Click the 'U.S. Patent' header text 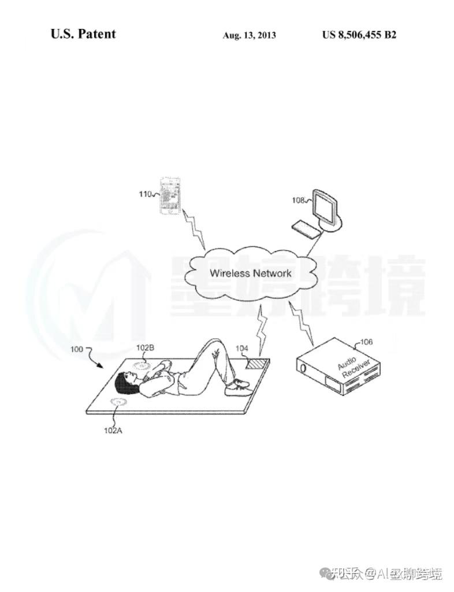click(x=83, y=34)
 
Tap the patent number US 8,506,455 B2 click(x=359, y=35)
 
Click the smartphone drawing click(x=170, y=195)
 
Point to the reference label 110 click(x=146, y=194)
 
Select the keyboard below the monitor click(x=306, y=229)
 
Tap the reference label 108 click(x=299, y=201)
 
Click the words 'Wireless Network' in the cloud click(x=250, y=273)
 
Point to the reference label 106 click(x=366, y=342)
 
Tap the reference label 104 click(x=242, y=349)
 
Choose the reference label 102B click(x=145, y=347)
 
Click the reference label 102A click(x=113, y=430)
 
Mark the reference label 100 click(x=77, y=349)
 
